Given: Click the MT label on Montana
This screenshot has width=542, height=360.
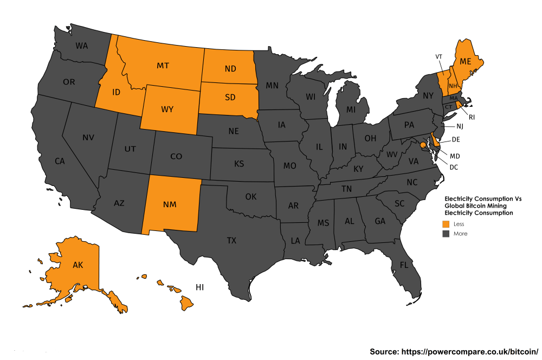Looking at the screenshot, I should point(163,66).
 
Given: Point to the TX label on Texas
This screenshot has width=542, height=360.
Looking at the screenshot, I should point(231,240).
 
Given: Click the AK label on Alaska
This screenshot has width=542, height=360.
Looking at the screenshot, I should point(78,265).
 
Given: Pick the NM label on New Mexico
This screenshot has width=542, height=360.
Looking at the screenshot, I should point(172,204).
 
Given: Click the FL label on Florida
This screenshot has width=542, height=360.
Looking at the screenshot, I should point(403,265).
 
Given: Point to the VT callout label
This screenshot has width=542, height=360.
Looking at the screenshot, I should point(439,56).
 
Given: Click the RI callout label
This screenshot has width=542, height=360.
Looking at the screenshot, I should point(472,117).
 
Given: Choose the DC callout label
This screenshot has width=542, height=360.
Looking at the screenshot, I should point(454,167).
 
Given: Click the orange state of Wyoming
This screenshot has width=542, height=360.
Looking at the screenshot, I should point(167,110).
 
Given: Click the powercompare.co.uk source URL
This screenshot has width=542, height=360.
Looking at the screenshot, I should point(454,351).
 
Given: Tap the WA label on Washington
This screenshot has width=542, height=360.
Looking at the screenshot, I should point(82,46).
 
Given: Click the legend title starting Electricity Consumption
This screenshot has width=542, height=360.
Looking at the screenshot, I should point(483,206).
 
